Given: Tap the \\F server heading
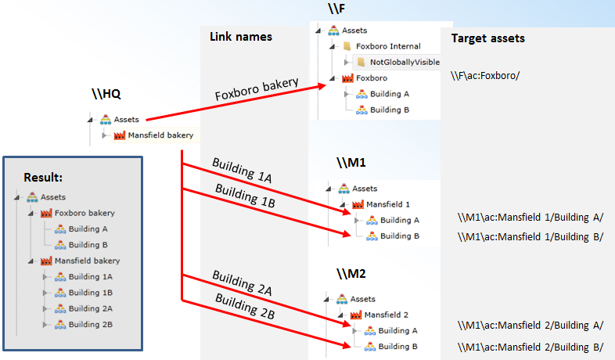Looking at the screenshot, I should [336, 9].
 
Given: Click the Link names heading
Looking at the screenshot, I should [241, 37].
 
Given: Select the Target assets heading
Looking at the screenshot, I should [488, 38].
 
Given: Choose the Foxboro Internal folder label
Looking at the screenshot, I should [387, 46].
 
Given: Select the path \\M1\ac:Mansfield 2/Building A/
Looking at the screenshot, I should [531, 325].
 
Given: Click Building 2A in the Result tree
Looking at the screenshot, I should [90, 308].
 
